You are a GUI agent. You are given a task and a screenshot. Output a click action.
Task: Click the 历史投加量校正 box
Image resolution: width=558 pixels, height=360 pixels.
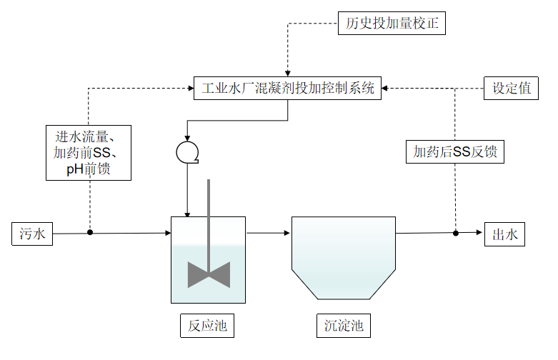tap(392, 24)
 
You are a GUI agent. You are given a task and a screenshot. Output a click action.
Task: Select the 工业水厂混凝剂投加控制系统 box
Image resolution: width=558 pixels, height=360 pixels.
tap(288, 89)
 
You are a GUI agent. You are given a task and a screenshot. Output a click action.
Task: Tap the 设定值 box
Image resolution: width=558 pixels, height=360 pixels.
tap(511, 88)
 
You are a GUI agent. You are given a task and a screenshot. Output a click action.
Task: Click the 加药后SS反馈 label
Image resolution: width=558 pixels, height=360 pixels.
tap(455, 151)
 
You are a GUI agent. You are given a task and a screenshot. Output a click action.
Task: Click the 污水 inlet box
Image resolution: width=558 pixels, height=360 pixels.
tap(32, 234)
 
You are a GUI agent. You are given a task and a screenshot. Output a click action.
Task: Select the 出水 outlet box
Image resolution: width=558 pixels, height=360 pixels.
tap(505, 234)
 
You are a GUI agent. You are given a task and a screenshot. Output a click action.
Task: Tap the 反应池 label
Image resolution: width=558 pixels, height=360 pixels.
tap(207, 326)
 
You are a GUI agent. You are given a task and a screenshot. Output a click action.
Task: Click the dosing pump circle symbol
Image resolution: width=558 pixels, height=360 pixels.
tap(186, 151)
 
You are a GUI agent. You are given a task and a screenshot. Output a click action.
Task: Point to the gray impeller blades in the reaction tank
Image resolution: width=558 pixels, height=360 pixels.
tap(209, 274)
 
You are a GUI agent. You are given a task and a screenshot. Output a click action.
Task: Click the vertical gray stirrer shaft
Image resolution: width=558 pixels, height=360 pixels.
tap(209, 214)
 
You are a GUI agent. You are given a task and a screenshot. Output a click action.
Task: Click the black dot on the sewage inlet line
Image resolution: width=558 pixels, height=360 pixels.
tap(90, 232)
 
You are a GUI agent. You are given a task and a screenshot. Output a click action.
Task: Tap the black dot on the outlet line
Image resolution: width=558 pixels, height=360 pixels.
tap(455, 233)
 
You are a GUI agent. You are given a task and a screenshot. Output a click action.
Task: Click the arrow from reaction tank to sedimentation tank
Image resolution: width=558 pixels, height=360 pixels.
tap(268, 233)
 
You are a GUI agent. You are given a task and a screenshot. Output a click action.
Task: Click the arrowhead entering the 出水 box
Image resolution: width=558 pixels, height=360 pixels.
tap(481, 233)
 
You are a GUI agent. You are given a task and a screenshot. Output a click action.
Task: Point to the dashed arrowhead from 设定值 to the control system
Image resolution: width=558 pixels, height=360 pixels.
tap(387, 89)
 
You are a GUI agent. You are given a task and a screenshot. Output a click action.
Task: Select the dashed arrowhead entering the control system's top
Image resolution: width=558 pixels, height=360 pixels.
tap(288, 73)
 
